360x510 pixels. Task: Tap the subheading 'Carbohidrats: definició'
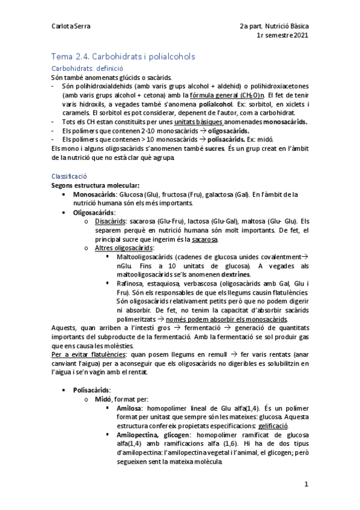[x=87, y=68]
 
